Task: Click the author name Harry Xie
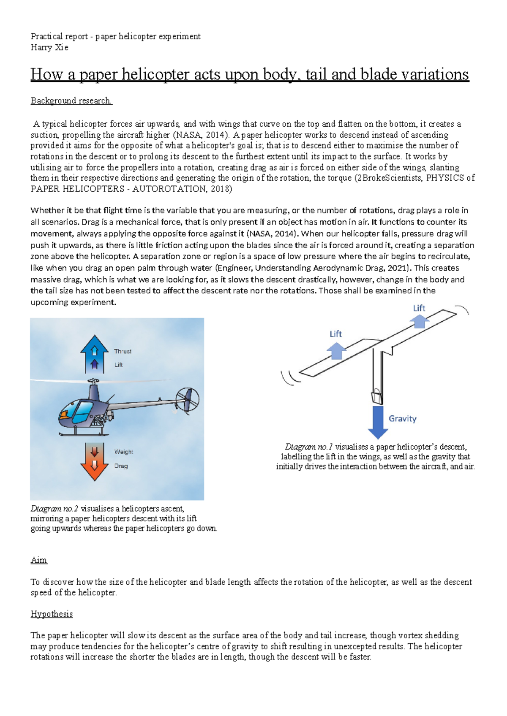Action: pos(49,47)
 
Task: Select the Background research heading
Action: pos(71,100)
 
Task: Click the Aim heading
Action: pos(39,560)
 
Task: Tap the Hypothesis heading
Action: pos(52,614)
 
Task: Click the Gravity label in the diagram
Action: pos(402,418)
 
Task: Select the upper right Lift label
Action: pos(419,308)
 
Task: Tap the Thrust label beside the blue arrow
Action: pos(123,351)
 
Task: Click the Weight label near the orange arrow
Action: pos(123,452)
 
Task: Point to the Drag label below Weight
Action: pos(121,466)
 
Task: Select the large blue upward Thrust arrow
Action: pos(94,354)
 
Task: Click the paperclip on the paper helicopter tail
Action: pos(376,397)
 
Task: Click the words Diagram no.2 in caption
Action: pos(54,509)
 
